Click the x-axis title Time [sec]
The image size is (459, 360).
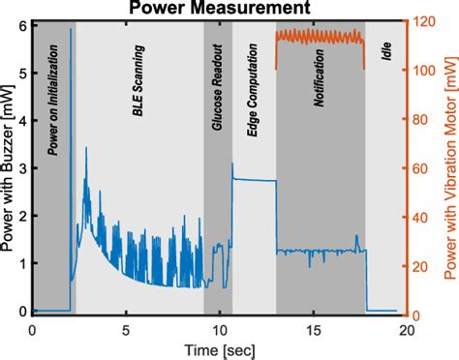click(219, 345)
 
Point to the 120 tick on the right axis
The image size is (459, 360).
click(422, 21)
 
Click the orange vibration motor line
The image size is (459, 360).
click(320, 38)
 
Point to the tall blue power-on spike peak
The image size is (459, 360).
click(71, 30)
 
